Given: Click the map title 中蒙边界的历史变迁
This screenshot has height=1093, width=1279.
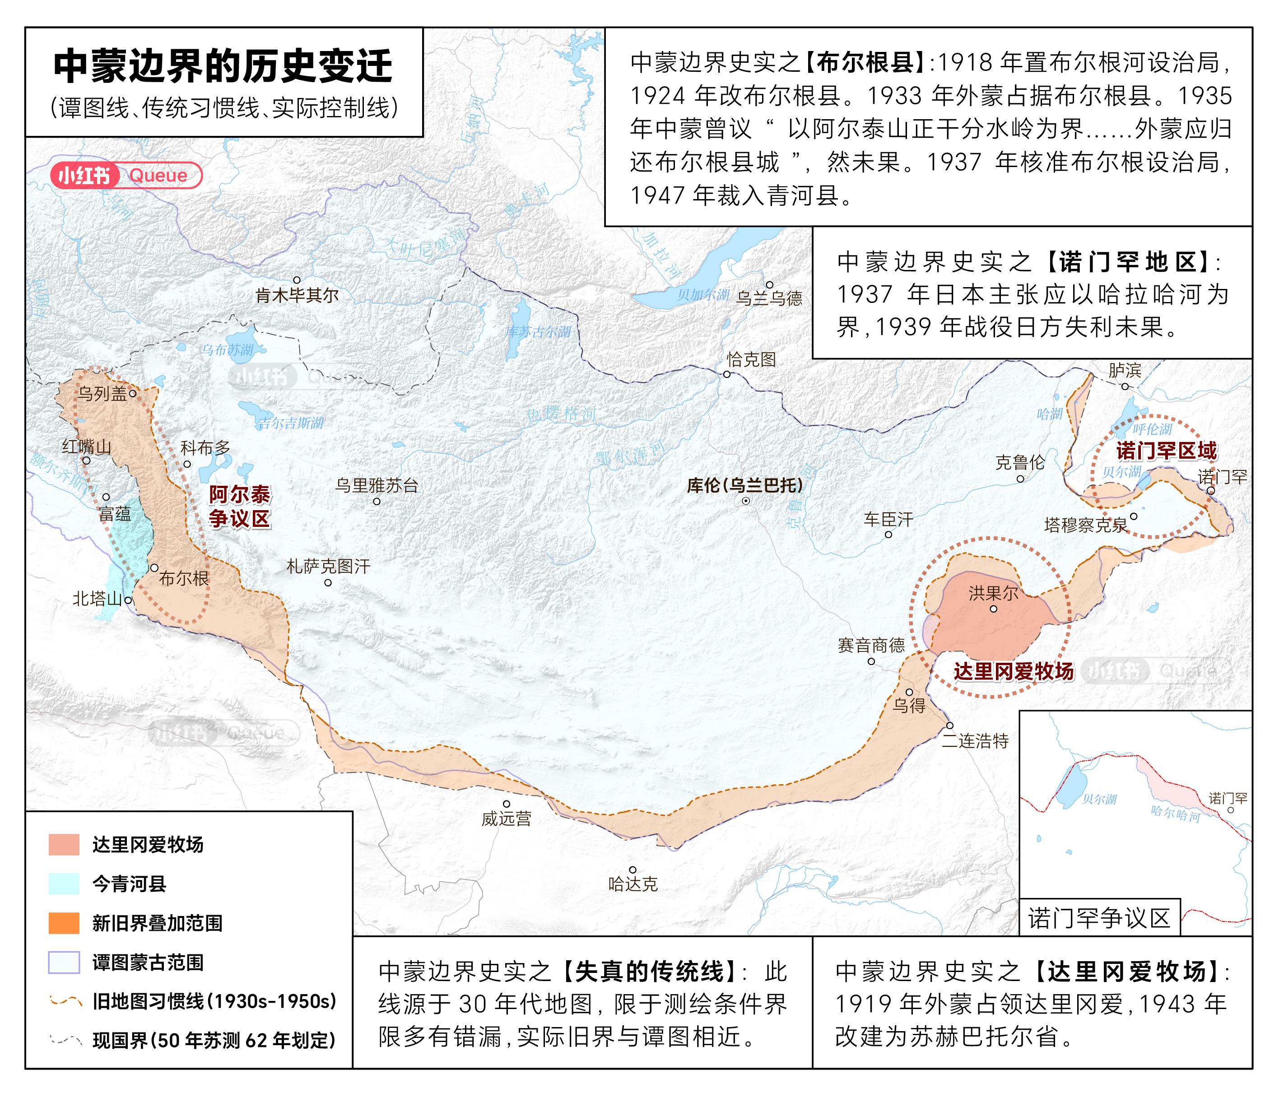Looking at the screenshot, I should pos(223,66).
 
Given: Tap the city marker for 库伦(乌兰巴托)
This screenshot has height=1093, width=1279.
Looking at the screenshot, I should pos(746,501).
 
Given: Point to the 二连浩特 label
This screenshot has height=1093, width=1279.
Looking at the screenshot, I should pos(975,740).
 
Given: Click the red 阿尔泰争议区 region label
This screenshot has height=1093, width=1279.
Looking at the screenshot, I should pos(240,506).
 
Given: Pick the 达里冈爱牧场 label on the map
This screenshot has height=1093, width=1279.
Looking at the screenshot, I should pos(1013,671).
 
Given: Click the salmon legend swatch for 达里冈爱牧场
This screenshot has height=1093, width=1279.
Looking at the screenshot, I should pos(64,844).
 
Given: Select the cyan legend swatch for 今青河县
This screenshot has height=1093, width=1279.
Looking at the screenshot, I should pos(64,884).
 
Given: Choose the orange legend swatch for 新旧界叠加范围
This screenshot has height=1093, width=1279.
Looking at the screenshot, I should pos(64,923).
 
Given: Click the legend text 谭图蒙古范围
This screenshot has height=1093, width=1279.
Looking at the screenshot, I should pos(148,962).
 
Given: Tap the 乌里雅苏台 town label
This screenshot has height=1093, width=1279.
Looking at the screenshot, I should pos(377,485).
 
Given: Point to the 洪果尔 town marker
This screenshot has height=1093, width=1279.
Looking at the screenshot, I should pos(993,609).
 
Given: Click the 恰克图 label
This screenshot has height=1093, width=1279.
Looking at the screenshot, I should pos(751,359).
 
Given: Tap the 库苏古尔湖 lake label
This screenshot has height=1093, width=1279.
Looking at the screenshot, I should pos(537,332).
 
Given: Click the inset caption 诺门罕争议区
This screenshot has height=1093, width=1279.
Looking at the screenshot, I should pos(1099,918).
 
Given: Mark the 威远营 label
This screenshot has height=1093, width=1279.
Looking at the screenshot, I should pos(506,819).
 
